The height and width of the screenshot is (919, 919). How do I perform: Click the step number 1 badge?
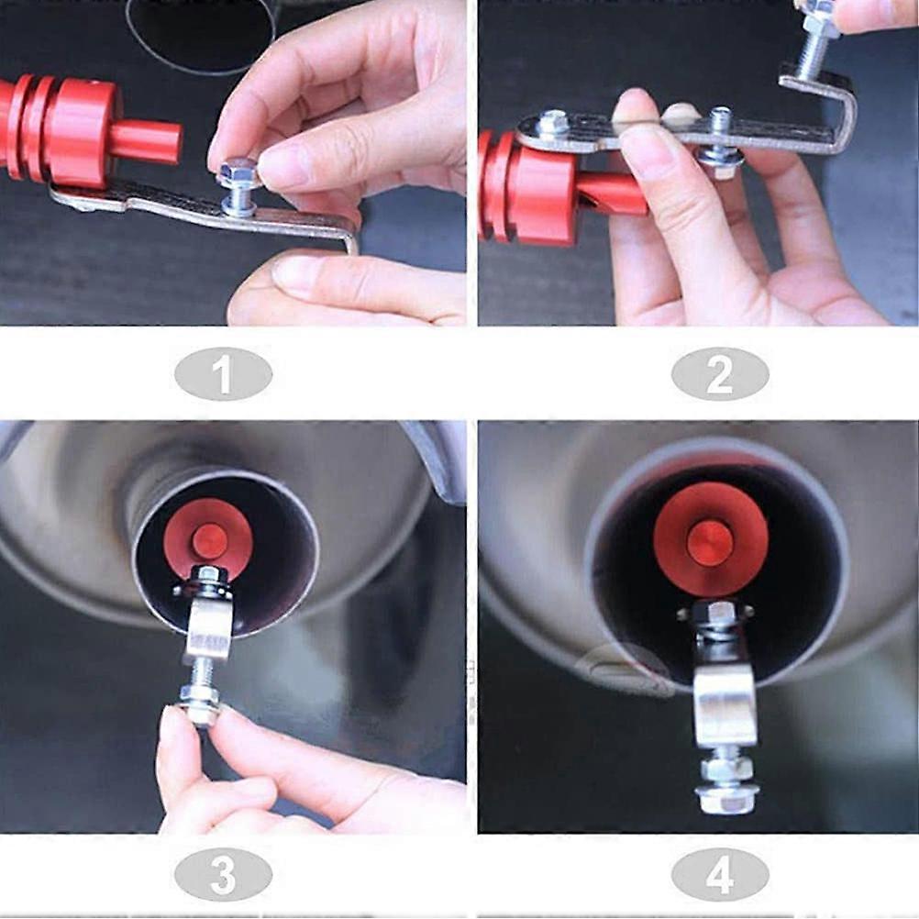click(223, 374)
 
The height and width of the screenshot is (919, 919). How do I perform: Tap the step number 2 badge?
click(720, 374)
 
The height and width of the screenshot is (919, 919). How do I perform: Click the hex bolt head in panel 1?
click(238, 172)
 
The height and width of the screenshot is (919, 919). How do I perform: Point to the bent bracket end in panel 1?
click(349, 234)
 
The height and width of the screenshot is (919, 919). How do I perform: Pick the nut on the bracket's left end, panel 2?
click(552, 122)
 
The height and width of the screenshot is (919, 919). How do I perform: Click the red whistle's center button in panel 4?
click(710, 542)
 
